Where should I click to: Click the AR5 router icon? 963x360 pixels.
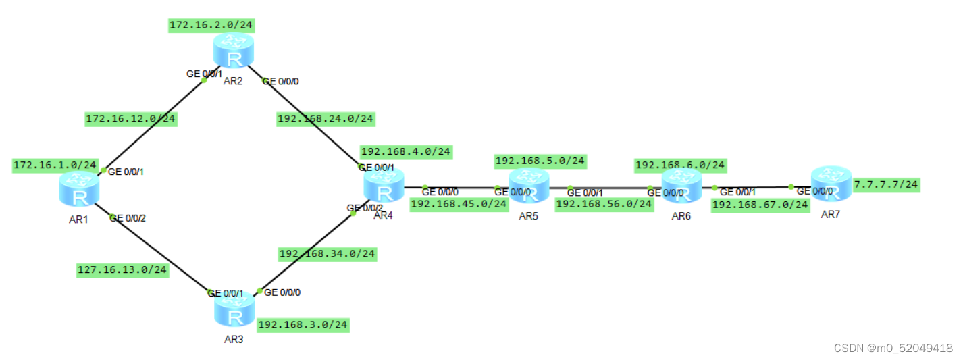(x=529, y=186)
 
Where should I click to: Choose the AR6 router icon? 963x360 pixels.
(x=681, y=186)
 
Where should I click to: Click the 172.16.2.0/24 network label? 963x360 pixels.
(x=212, y=26)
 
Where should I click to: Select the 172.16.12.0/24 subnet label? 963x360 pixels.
(x=131, y=120)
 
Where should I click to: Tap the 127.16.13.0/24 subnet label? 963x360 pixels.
(x=122, y=271)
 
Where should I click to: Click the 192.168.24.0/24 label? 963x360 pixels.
(x=326, y=119)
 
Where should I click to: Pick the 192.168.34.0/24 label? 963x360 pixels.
(x=328, y=254)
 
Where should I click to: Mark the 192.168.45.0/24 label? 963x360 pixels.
(x=459, y=203)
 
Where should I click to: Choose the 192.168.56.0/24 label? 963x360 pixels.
(x=604, y=204)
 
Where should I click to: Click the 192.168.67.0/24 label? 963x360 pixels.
(x=760, y=205)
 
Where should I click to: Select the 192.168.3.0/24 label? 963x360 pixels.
(x=303, y=324)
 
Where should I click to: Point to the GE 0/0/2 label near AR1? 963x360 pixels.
(x=128, y=218)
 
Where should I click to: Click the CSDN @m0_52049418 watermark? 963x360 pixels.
(x=893, y=348)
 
